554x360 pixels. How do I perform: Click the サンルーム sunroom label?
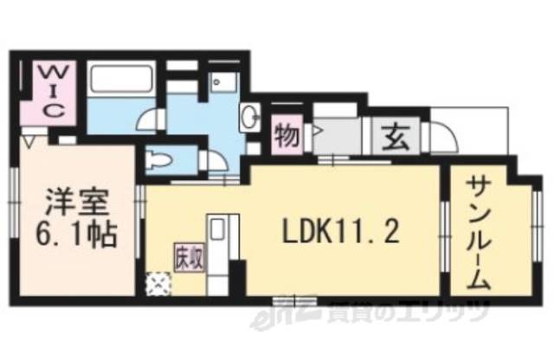tap(481, 233)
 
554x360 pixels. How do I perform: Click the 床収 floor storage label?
tap(188, 259)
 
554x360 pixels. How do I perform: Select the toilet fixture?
tap(160, 160)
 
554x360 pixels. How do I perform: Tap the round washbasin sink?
tap(251, 115)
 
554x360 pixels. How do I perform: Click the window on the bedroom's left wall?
tap(15, 195)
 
